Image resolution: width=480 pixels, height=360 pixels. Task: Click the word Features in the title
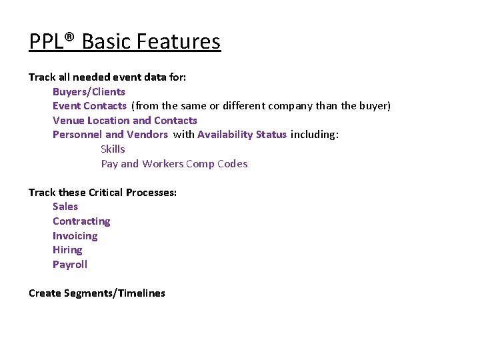(178, 42)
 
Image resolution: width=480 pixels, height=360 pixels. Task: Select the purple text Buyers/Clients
(89, 91)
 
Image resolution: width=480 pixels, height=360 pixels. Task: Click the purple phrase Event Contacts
(89, 106)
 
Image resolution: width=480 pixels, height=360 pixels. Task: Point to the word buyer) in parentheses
(375, 106)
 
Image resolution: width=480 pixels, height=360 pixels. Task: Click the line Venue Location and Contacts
(125, 121)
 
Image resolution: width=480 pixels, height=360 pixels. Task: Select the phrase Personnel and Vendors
(110, 135)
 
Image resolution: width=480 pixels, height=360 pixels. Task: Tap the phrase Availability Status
(241, 135)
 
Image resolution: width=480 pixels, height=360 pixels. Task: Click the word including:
(315, 135)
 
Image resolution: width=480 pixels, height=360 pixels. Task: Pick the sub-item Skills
(113, 149)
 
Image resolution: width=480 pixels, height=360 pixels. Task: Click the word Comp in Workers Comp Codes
(201, 164)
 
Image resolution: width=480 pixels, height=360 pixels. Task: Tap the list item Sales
(65, 207)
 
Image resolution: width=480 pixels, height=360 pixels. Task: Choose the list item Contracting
(81, 221)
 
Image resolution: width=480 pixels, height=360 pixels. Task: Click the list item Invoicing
(75, 236)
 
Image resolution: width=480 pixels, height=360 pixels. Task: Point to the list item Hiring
(67, 250)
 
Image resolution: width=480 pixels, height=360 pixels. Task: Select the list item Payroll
(70, 265)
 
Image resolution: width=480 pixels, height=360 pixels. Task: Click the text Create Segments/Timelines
(97, 293)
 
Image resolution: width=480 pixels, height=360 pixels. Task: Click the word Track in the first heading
(42, 77)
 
